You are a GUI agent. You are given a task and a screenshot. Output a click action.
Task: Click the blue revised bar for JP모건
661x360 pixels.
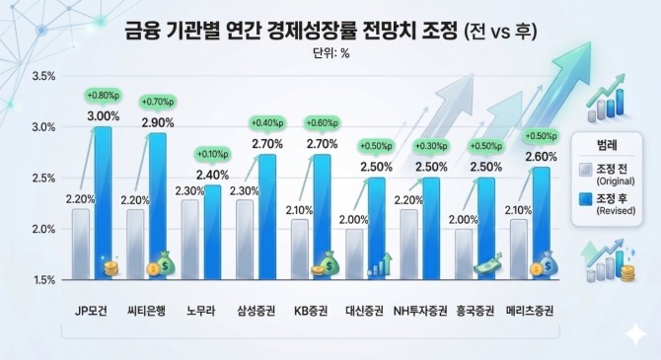tap(103, 203)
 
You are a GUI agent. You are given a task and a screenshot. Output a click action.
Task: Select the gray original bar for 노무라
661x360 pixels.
tap(190, 240)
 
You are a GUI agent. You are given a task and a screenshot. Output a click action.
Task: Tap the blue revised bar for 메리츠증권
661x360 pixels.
tap(542, 224)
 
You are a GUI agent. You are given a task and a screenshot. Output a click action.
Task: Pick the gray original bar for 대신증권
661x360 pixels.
tap(354, 254)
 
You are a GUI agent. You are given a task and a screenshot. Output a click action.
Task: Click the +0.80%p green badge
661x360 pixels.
tap(104, 96)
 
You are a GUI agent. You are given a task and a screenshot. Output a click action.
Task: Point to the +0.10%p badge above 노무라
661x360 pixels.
tap(212, 154)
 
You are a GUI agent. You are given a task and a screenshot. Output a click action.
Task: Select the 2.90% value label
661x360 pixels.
tap(158, 122)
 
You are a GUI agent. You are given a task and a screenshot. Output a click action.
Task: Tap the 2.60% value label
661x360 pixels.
tap(541, 157)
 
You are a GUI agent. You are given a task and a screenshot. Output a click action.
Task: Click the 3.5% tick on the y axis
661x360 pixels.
tap(43, 76)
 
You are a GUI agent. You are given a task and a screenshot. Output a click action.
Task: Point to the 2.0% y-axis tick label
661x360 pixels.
tap(43, 230)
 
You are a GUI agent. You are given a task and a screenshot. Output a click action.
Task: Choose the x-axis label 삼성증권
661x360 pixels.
tap(257, 311)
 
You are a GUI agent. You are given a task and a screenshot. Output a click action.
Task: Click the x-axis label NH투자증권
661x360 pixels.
tap(420, 311)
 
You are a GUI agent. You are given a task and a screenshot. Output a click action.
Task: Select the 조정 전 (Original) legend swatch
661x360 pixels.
tap(585, 170)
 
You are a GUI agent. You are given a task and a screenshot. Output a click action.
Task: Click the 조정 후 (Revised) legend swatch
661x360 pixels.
tap(585, 199)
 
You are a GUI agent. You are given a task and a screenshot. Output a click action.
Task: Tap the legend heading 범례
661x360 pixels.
tap(607, 145)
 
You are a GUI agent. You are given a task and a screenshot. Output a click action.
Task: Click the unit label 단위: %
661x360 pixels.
tap(330, 53)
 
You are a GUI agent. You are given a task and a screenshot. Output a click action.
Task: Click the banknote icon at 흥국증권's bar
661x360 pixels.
tap(488, 265)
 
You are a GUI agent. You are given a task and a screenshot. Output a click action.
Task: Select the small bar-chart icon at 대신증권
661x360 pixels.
tap(380, 264)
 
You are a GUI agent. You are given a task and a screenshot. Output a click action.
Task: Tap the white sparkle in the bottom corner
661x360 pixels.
tap(635, 334)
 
